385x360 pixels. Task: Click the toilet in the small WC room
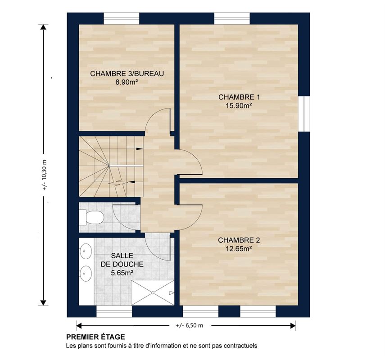91,217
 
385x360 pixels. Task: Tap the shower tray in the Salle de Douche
153,293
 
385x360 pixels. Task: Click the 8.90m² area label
127,82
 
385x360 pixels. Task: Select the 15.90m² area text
239,106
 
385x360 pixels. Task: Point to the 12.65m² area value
239,249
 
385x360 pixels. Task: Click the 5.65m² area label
122,273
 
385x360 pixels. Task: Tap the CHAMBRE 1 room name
239,97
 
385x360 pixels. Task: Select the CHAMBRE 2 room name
239,240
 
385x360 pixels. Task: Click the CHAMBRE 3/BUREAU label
127,74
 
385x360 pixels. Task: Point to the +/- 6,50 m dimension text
190,326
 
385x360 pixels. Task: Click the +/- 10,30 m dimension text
44,175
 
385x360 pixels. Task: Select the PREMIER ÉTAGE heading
95,337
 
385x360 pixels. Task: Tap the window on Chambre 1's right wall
304,114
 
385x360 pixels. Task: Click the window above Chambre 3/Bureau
122,18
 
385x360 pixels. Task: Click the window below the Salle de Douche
114,311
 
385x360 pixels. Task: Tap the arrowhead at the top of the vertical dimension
43,27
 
